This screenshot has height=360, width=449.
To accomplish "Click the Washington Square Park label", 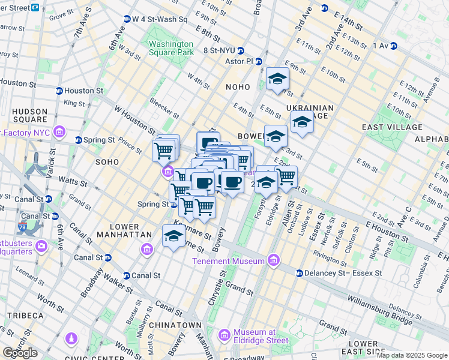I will click(x=171, y=48).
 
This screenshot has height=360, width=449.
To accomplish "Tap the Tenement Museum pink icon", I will click(x=274, y=260).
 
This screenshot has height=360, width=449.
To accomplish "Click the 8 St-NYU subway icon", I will click(x=240, y=51).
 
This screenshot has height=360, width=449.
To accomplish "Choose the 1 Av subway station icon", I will click(x=394, y=46).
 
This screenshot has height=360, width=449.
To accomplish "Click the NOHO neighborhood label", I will click(x=237, y=87).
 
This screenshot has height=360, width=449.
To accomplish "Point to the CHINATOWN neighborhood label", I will click(x=176, y=325).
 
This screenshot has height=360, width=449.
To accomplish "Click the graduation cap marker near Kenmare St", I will click(x=173, y=236).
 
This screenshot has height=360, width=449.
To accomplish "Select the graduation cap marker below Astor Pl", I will click(x=277, y=79).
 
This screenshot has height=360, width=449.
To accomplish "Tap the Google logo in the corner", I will click(x=20, y=353).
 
